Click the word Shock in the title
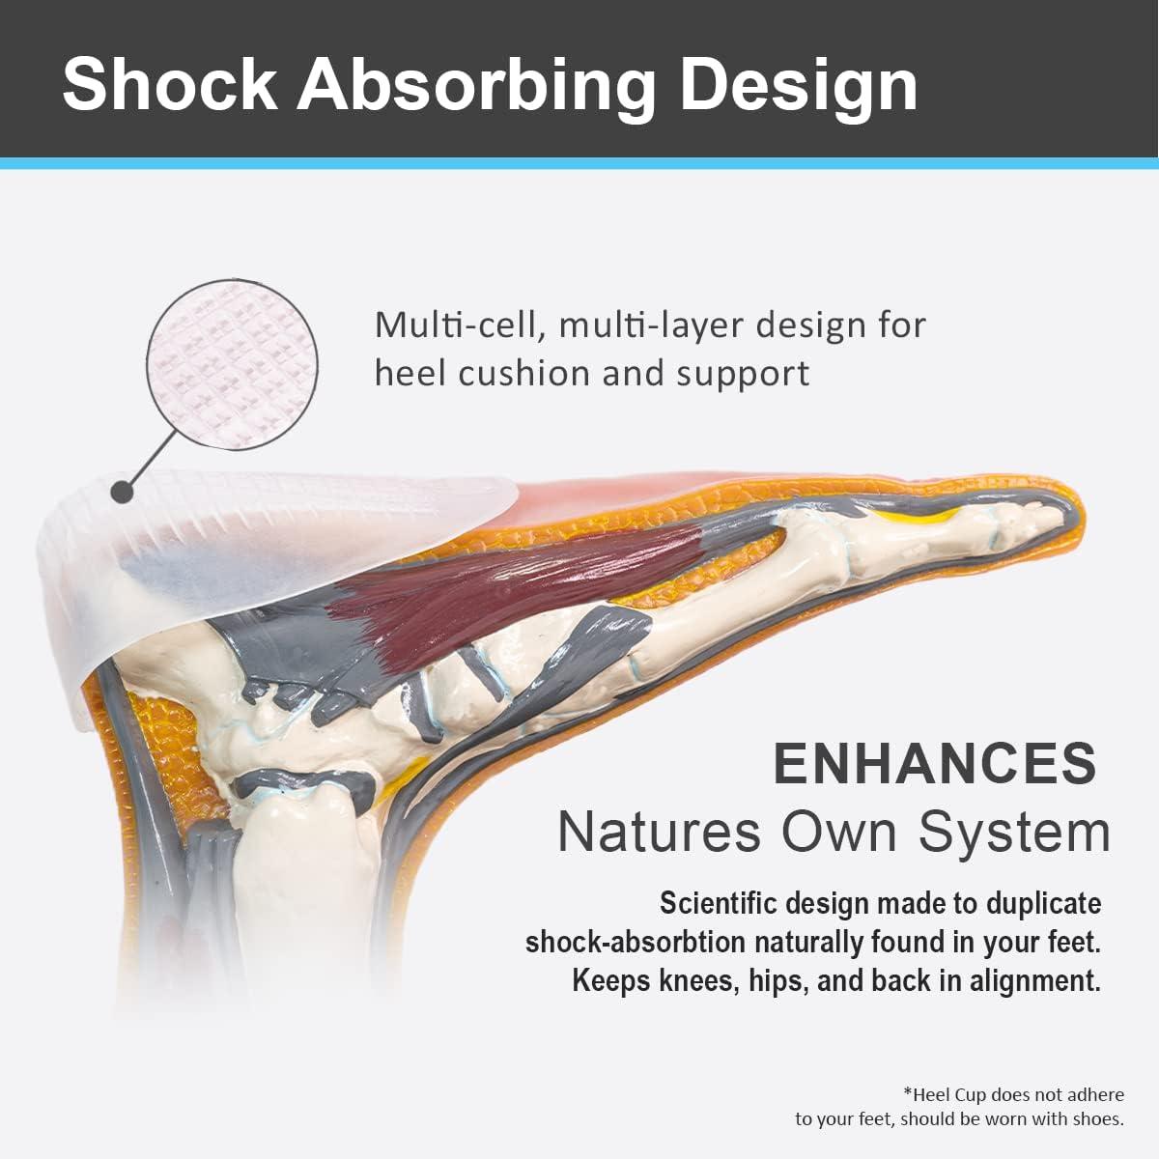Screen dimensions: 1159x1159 [169, 85]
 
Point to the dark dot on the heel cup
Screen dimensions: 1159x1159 [122, 492]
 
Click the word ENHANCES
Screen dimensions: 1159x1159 [935, 763]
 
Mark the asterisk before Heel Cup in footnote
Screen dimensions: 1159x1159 [907, 1093]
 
